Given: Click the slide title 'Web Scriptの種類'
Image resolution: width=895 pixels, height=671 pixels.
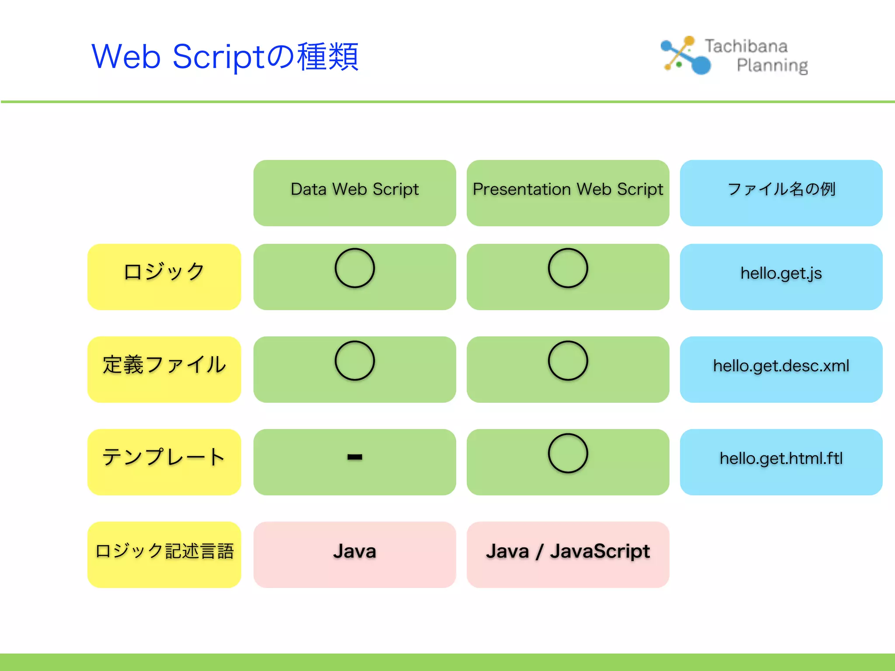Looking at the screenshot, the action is [225, 57].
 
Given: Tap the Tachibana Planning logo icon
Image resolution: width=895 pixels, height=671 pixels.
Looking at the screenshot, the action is [685, 55].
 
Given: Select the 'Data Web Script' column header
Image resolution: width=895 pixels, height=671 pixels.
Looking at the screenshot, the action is [354, 190].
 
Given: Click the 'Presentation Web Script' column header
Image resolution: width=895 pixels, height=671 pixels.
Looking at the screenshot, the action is [568, 190].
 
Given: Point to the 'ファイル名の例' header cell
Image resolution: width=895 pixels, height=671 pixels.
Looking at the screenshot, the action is [781, 190].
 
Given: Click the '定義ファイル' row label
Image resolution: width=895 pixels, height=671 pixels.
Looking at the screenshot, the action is [164, 365].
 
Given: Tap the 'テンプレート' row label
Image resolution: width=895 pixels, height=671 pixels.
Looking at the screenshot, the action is [164, 458].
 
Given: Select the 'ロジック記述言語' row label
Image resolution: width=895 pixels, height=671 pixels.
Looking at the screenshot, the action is [164, 551].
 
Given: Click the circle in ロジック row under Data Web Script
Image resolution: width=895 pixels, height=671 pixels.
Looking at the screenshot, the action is [354, 268].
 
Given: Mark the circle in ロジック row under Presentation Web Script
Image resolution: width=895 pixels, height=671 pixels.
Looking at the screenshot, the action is [568, 268].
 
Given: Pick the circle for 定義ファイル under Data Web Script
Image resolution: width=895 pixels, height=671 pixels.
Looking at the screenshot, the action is [354, 361].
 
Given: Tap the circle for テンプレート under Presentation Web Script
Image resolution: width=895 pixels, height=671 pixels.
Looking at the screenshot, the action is [568, 453].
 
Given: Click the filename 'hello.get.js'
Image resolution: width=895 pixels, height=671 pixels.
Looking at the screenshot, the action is [781, 273].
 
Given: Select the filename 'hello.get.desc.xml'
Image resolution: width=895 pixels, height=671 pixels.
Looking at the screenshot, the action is [781, 366].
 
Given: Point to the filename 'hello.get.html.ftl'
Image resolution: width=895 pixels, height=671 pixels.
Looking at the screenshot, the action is [781, 459].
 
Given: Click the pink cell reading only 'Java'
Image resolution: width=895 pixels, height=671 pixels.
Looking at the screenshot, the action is [354, 551].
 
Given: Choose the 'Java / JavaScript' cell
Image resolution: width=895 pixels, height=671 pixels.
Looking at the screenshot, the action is [568, 551].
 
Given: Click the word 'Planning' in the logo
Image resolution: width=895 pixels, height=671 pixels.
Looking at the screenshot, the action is [772, 66].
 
